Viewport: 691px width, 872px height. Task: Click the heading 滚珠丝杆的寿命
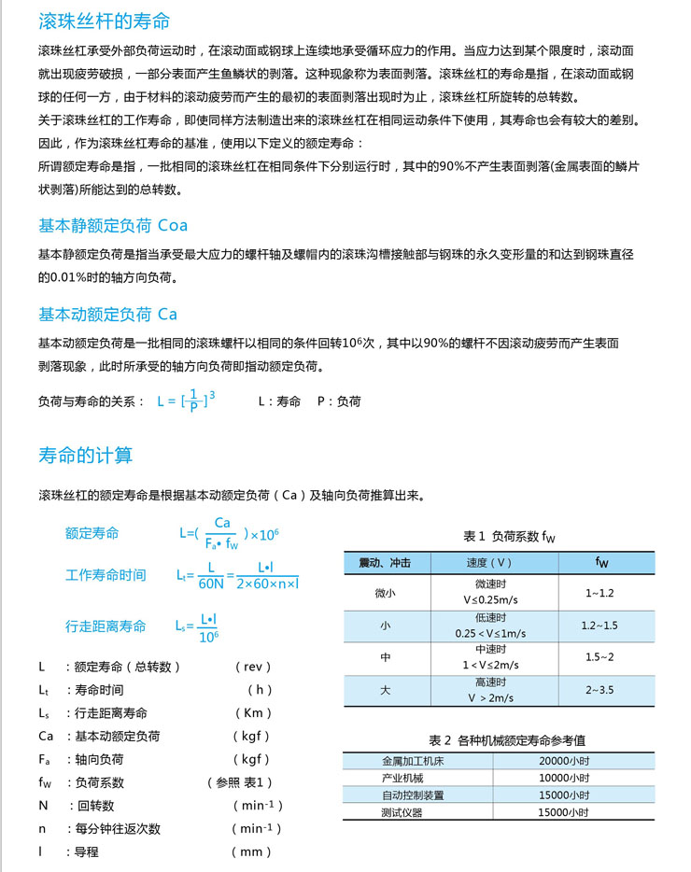coord(105,21)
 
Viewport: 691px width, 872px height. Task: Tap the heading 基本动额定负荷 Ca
coord(107,314)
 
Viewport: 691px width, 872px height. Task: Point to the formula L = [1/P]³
coord(186,401)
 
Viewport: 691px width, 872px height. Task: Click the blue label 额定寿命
coord(92,533)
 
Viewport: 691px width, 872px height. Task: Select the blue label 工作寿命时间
coord(106,574)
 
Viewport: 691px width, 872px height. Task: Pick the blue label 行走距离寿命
coord(106,626)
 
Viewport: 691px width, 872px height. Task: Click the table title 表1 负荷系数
coord(509,537)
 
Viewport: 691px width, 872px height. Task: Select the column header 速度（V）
coord(489,564)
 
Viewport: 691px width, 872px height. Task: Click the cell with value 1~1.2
coord(599,593)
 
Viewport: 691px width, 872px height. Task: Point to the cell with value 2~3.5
coord(599,690)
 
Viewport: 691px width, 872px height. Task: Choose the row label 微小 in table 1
coord(385,593)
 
